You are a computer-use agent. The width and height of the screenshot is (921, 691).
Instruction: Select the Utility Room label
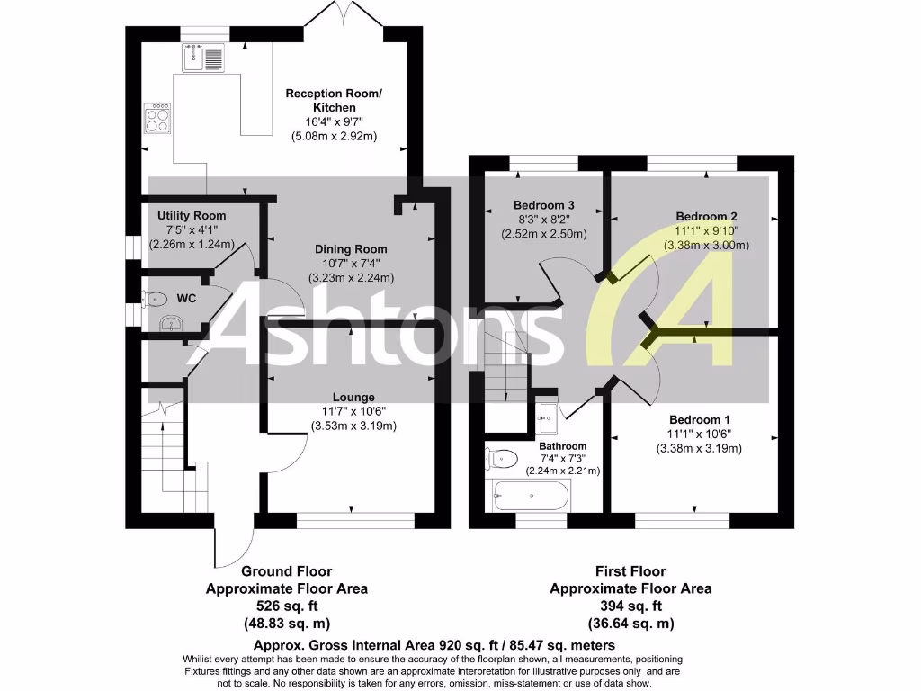[x=192, y=216]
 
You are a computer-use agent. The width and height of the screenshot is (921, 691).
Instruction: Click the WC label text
[x=186, y=297]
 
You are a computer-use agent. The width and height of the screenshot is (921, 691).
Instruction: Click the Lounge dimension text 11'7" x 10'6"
[x=353, y=411]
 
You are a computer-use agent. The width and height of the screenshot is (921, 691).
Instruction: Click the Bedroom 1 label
[x=699, y=419]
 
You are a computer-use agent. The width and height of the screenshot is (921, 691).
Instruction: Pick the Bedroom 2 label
[x=706, y=216]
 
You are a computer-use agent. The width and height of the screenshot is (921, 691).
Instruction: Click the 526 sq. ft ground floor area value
[x=286, y=606]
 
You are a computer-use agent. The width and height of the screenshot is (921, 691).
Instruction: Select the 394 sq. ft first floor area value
[x=630, y=606]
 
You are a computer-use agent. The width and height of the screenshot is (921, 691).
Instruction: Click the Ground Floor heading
[x=286, y=571]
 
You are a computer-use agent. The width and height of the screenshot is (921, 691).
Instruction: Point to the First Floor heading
[x=630, y=571]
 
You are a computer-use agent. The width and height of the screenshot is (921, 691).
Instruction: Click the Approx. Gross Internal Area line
[x=434, y=645]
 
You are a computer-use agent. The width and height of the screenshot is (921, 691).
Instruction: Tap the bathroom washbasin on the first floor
[x=545, y=416]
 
